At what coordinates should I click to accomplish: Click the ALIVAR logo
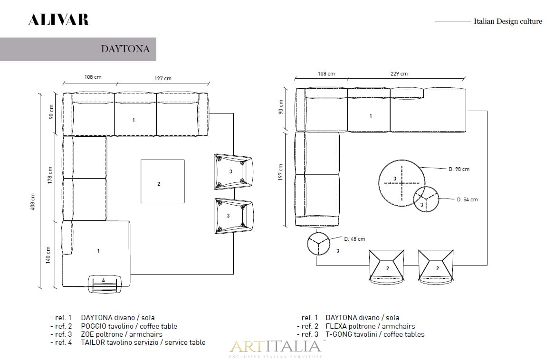[58, 20]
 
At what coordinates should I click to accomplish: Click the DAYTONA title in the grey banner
[125, 49]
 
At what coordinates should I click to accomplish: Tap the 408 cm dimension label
[33, 202]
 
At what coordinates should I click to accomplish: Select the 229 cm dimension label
[399, 74]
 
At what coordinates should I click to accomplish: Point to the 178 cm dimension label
[50, 175]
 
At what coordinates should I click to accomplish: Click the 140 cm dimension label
[48, 255]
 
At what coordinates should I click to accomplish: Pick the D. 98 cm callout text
[459, 169]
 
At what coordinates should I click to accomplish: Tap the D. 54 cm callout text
[467, 199]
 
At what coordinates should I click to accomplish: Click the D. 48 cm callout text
[354, 239]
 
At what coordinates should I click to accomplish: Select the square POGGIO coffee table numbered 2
[162, 181]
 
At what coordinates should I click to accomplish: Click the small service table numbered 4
[104, 284]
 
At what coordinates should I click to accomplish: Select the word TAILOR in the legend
[93, 342]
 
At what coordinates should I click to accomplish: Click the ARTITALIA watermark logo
[276, 348]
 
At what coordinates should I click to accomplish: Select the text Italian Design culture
[508, 21]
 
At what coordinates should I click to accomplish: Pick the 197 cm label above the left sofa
[163, 78]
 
